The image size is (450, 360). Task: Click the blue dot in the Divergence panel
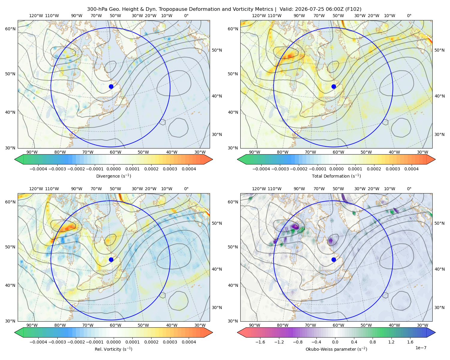coord(111,86)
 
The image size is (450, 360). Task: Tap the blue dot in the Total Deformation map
coord(334,86)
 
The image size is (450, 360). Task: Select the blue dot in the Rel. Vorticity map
coord(111,259)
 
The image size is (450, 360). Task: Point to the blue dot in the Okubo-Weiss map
coord(334,259)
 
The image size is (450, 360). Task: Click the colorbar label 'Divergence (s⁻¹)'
coord(113,176)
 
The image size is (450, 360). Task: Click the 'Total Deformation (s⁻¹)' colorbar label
coord(336,176)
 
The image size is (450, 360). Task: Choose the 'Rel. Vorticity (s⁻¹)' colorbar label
coord(113,349)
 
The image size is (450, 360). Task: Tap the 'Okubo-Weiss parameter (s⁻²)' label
coord(336,349)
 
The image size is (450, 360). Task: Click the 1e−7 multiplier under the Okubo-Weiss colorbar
coord(421,348)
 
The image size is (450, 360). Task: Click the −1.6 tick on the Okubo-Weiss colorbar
coord(260,342)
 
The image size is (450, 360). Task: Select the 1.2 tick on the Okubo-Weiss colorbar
coord(391,342)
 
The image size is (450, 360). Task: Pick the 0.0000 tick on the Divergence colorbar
coord(113,169)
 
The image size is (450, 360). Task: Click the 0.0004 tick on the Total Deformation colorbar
coord(411,169)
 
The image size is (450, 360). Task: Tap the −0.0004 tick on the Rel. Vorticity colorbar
coord(38,342)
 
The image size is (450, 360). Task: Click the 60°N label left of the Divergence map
coord(10,29)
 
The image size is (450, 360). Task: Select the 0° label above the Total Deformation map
coord(409,16)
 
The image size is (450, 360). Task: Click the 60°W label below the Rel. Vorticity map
coord(115,325)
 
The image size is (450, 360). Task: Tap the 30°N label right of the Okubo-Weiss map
coord(439,307)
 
